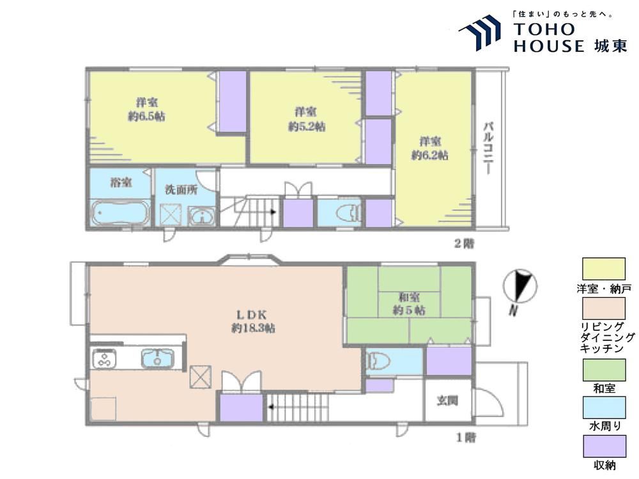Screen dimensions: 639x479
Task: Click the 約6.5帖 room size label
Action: coord(146,116)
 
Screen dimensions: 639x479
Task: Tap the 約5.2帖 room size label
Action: coord(307,126)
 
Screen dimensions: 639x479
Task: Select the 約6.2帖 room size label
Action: coord(430,155)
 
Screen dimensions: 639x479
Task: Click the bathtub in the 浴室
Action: coord(120,213)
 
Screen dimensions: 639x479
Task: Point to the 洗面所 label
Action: coord(181,190)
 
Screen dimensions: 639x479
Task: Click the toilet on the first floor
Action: coord(378,360)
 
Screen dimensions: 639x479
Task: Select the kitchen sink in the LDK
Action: coord(158,358)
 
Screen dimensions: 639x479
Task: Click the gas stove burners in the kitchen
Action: coord(104,359)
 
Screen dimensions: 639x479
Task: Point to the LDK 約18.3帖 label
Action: coord(252,321)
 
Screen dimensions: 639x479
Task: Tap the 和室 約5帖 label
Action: coord(409,303)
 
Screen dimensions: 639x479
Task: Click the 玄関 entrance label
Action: coord(447,401)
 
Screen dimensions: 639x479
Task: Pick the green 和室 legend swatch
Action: coord(604,370)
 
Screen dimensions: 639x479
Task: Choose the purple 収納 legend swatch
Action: coord(604,446)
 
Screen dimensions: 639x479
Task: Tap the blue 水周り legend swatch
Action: coord(604,407)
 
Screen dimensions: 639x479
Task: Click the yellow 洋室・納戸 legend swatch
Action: coord(604,269)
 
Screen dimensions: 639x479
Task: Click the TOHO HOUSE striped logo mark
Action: coord(480,33)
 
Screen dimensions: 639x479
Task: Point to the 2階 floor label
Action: coord(464,243)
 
